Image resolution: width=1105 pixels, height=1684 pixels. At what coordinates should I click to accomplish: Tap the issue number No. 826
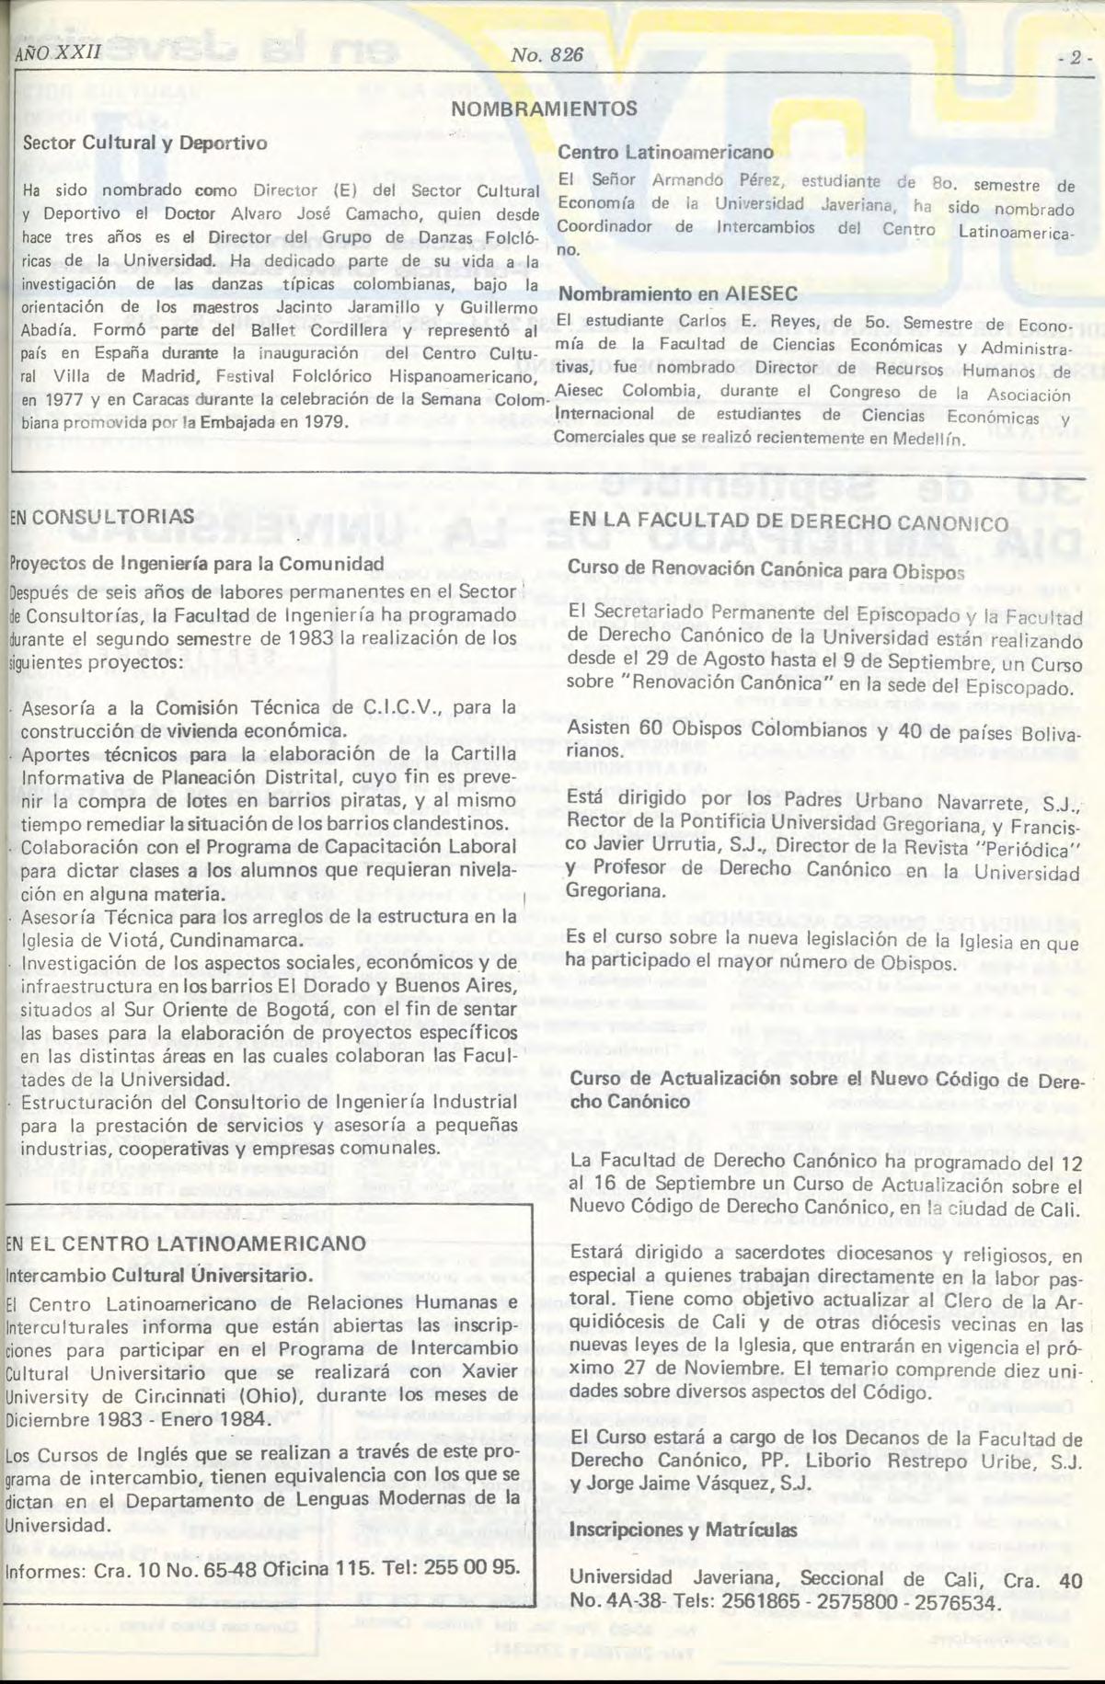547,55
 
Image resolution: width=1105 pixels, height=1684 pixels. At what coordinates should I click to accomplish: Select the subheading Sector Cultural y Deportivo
144,143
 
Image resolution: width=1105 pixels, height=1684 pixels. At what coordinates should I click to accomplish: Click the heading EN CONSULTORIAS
102,516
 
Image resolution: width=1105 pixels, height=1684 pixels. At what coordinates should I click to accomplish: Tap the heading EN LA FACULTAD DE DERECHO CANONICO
788,521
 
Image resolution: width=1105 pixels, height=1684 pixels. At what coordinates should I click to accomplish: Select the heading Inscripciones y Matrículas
684,1529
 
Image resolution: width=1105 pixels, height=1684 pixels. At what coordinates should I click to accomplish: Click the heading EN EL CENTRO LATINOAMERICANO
185,1243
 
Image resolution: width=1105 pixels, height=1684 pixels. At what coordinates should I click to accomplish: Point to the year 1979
328,422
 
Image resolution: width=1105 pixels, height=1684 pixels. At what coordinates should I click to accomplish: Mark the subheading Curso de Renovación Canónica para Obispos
766,569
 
